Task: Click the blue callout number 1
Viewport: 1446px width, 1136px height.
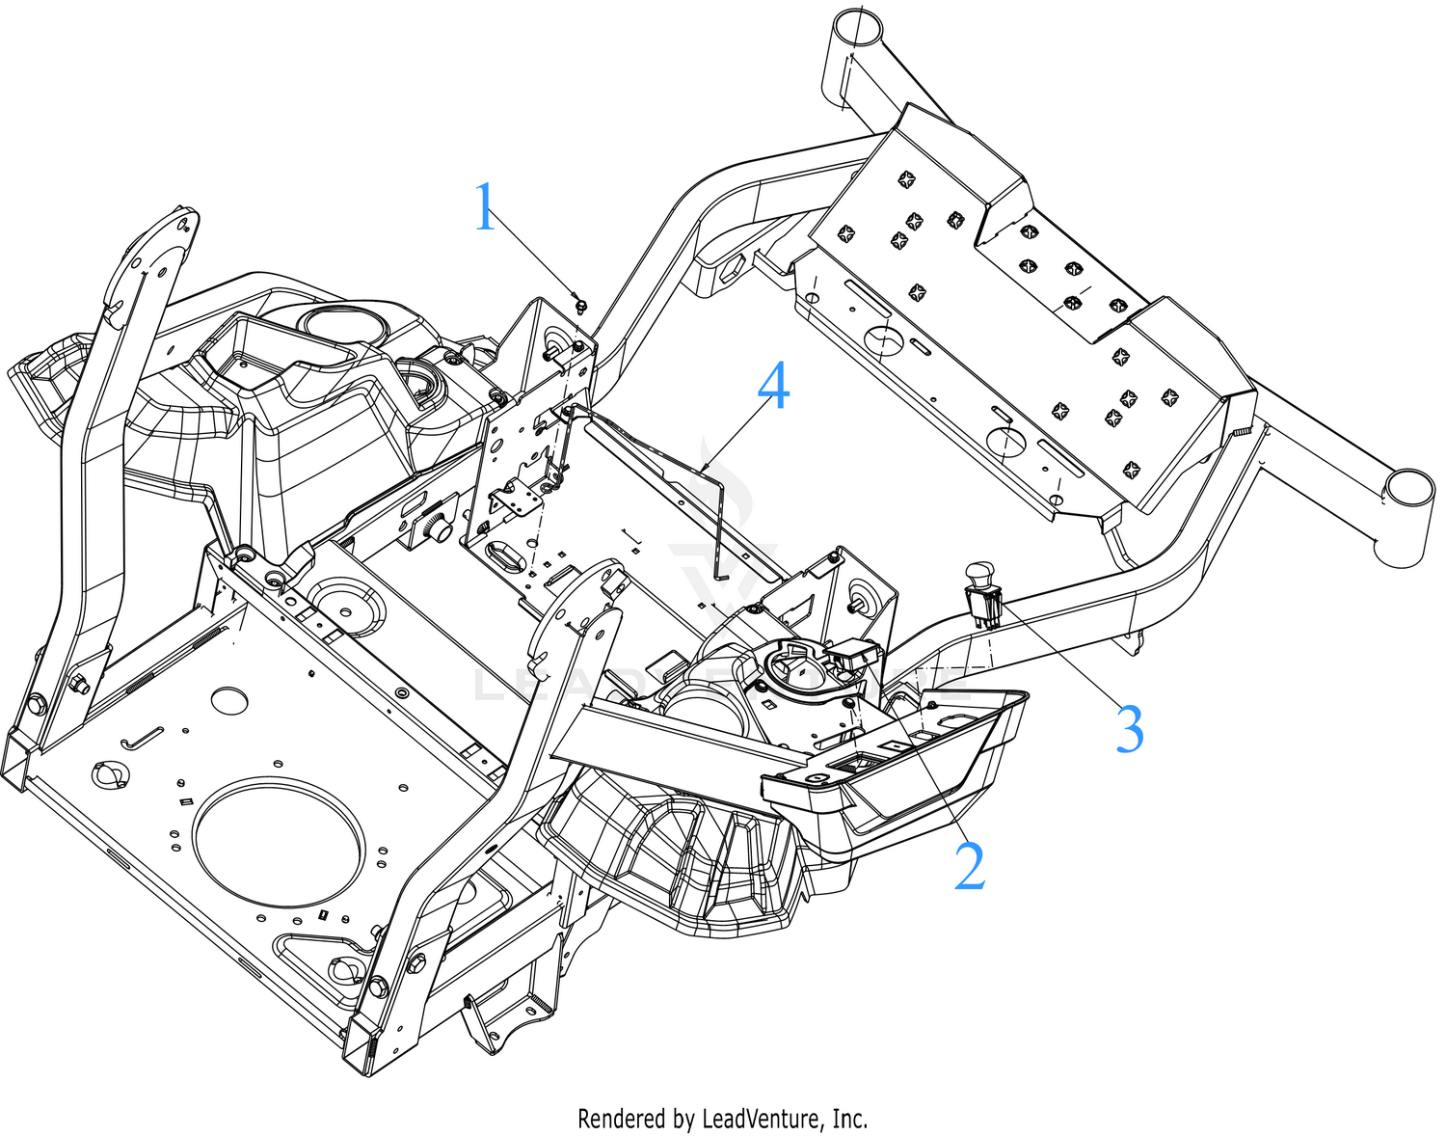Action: pos(485,207)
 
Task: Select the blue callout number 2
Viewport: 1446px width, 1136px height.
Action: pos(969,865)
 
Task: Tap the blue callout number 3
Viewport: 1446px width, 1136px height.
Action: pos(1129,729)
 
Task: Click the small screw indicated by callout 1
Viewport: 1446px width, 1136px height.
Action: pos(580,305)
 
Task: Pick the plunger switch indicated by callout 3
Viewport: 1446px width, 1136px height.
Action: pos(981,593)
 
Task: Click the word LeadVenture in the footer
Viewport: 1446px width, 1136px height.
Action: pos(762,1119)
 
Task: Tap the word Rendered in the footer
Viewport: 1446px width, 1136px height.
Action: pos(621,1119)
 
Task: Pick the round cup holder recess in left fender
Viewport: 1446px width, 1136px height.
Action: pos(337,322)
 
